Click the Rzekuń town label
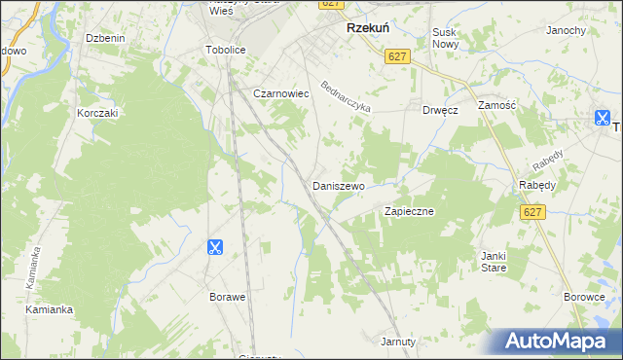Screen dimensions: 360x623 tap(369, 29)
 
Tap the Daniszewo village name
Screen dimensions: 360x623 tap(338, 185)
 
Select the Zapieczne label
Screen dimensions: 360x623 tap(409, 210)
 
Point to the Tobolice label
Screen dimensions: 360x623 tap(226, 50)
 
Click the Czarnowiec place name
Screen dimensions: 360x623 tap(280, 93)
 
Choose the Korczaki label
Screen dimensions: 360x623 tap(97, 113)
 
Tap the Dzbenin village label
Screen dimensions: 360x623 tap(106, 38)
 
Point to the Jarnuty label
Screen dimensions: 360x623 tap(398, 342)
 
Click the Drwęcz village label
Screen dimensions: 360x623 tap(440, 110)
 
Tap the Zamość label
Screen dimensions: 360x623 tap(496, 104)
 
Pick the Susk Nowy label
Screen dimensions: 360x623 tap(445, 38)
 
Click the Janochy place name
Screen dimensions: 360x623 tap(566, 30)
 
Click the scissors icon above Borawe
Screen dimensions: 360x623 tap(215, 247)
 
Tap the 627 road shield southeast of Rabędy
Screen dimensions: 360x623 tap(531, 212)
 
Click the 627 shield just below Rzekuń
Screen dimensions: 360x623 tap(396, 57)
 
